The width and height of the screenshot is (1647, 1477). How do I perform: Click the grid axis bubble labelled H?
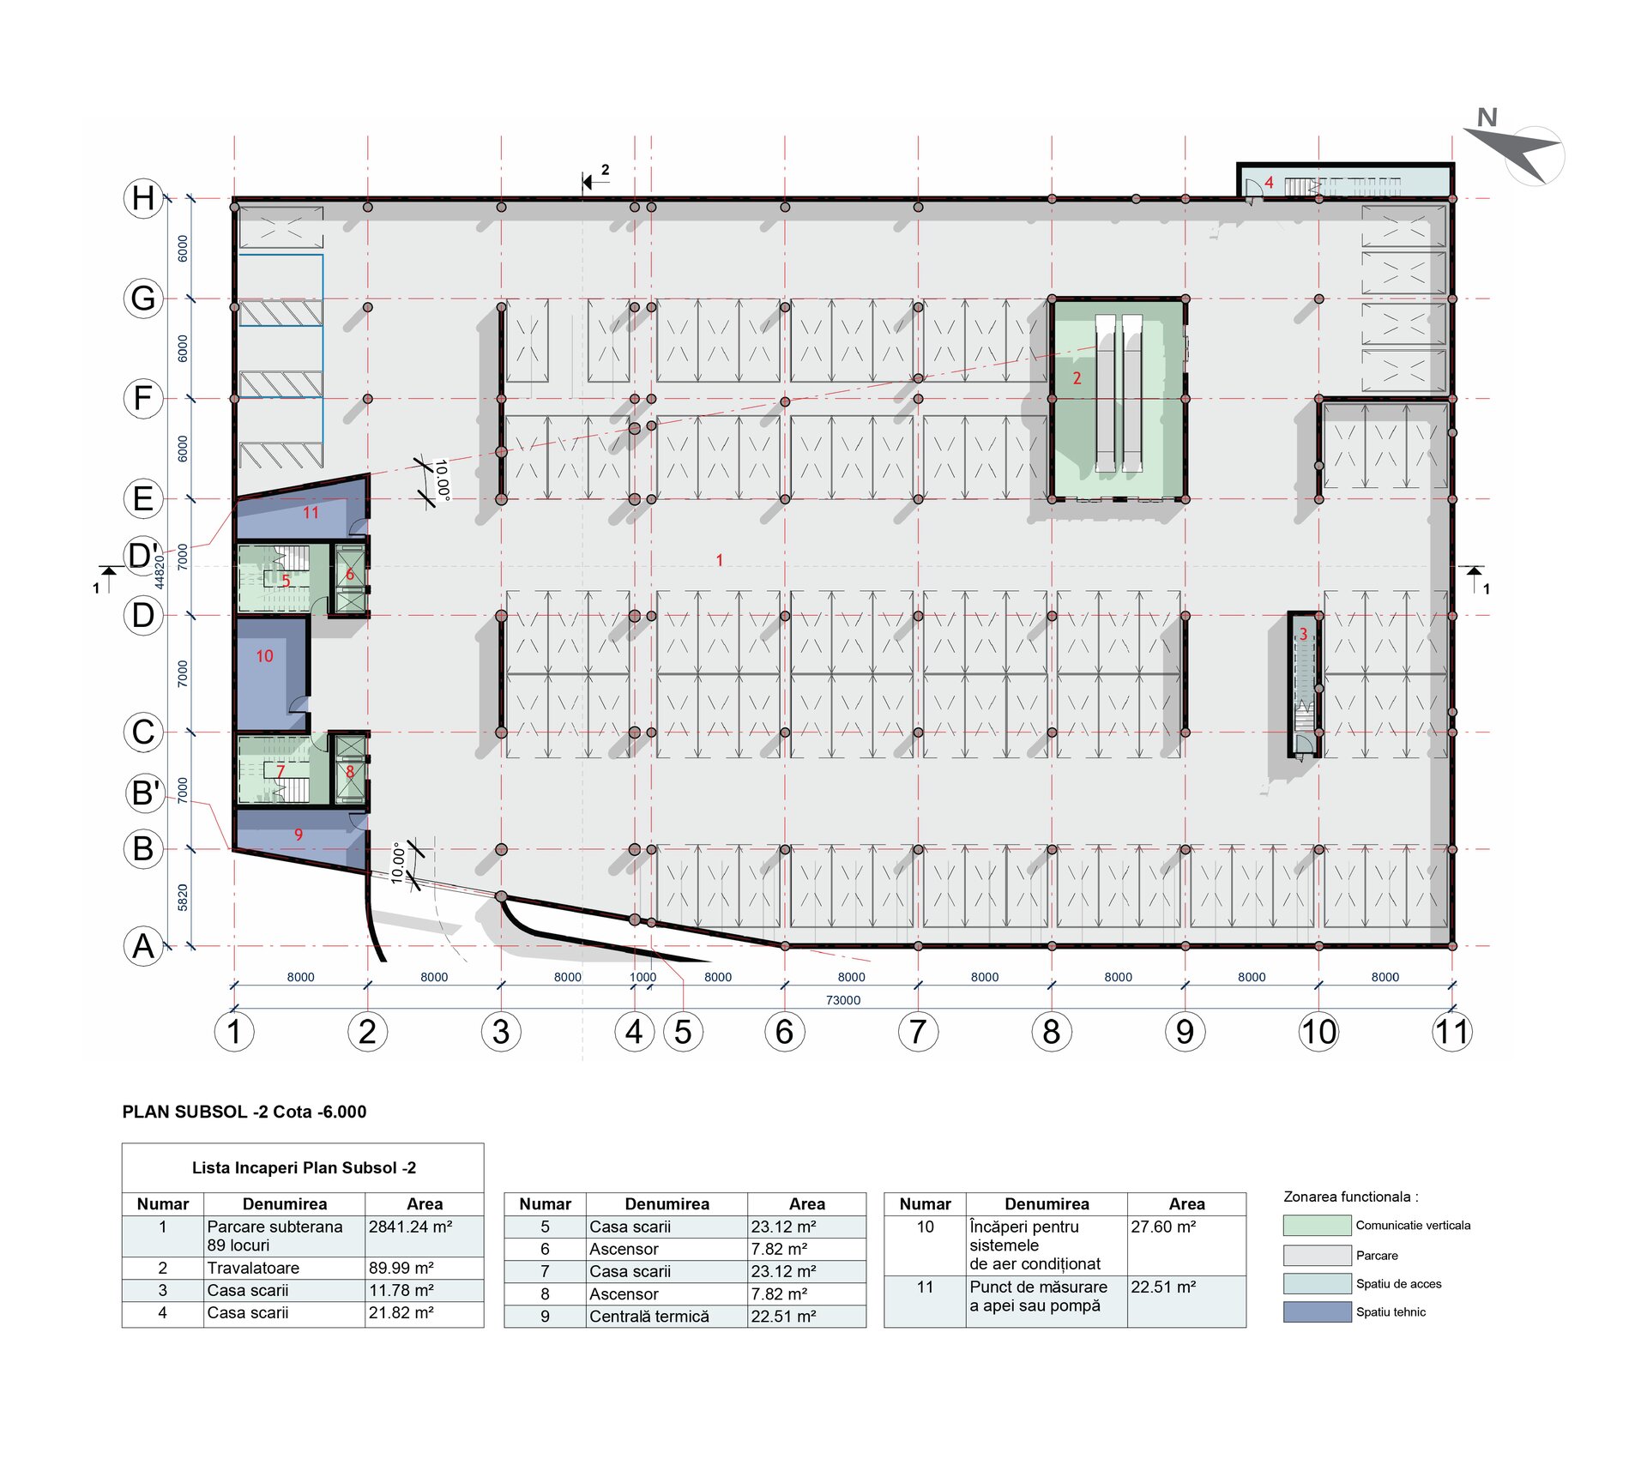[143, 198]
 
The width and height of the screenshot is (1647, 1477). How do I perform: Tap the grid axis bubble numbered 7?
[918, 1031]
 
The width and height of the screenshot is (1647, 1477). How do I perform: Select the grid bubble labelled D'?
[143, 555]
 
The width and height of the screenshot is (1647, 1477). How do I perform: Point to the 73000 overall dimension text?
[843, 1000]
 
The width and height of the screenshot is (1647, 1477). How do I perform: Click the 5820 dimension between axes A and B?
[183, 898]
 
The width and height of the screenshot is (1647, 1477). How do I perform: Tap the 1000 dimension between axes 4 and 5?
[643, 977]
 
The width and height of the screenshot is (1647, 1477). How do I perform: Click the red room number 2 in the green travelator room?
[1077, 378]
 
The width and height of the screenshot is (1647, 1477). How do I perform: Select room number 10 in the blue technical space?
[264, 656]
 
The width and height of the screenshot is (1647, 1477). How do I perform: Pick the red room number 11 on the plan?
[311, 513]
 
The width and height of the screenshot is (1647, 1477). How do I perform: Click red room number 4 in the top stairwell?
[1269, 183]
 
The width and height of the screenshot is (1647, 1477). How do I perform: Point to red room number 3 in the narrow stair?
[1303, 634]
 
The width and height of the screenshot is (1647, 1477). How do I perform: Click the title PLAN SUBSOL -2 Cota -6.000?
[244, 1112]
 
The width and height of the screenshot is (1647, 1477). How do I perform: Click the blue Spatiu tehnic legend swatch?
[1317, 1311]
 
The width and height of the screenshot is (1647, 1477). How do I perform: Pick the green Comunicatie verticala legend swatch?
[1317, 1225]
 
